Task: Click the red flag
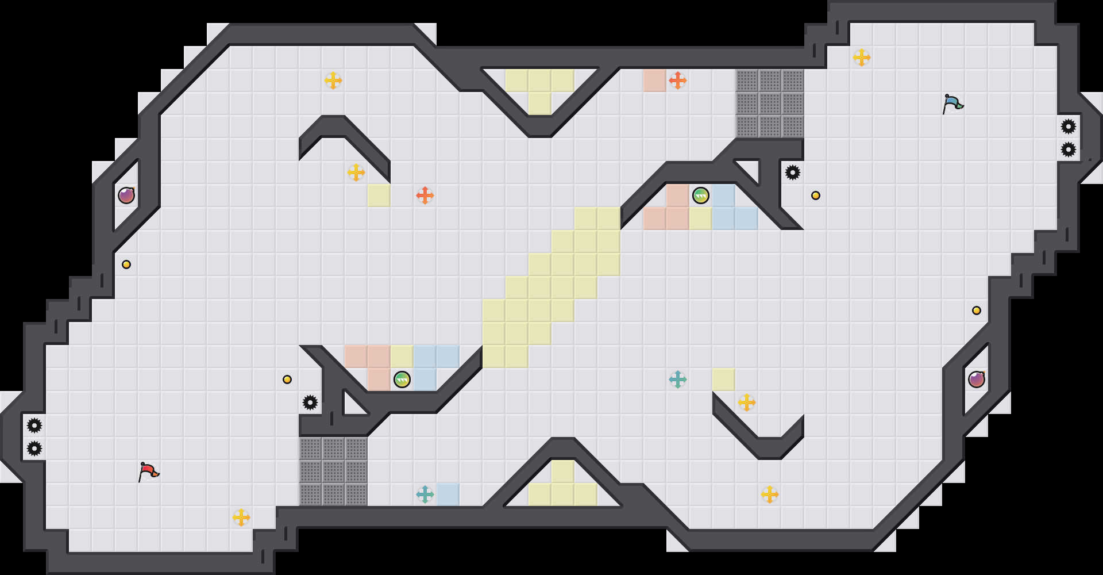[x=148, y=471]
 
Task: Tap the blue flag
[x=952, y=103]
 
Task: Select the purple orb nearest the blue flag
[x=977, y=379]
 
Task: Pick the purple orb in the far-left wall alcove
[x=126, y=195]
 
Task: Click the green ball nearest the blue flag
[x=701, y=195]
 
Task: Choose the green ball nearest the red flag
[x=402, y=379]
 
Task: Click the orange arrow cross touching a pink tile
[x=678, y=80]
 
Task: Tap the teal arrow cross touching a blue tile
[x=425, y=494]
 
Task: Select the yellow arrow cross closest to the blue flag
[x=862, y=57]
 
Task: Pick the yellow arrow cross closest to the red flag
[x=241, y=517]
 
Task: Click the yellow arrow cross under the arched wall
[x=356, y=172]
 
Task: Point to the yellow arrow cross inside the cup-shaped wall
[x=747, y=402]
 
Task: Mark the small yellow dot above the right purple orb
[x=977, y=310]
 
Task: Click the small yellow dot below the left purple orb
[x=126, y=264]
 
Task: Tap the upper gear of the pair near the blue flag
[x=1069, y=126]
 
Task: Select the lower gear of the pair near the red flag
[x=34, y=448]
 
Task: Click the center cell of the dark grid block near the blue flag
[x=770, y=103]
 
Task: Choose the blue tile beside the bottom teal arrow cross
[x=448, y=494]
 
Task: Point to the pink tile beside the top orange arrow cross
[x=655, y=80]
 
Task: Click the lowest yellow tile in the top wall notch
[x=540, y=103]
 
